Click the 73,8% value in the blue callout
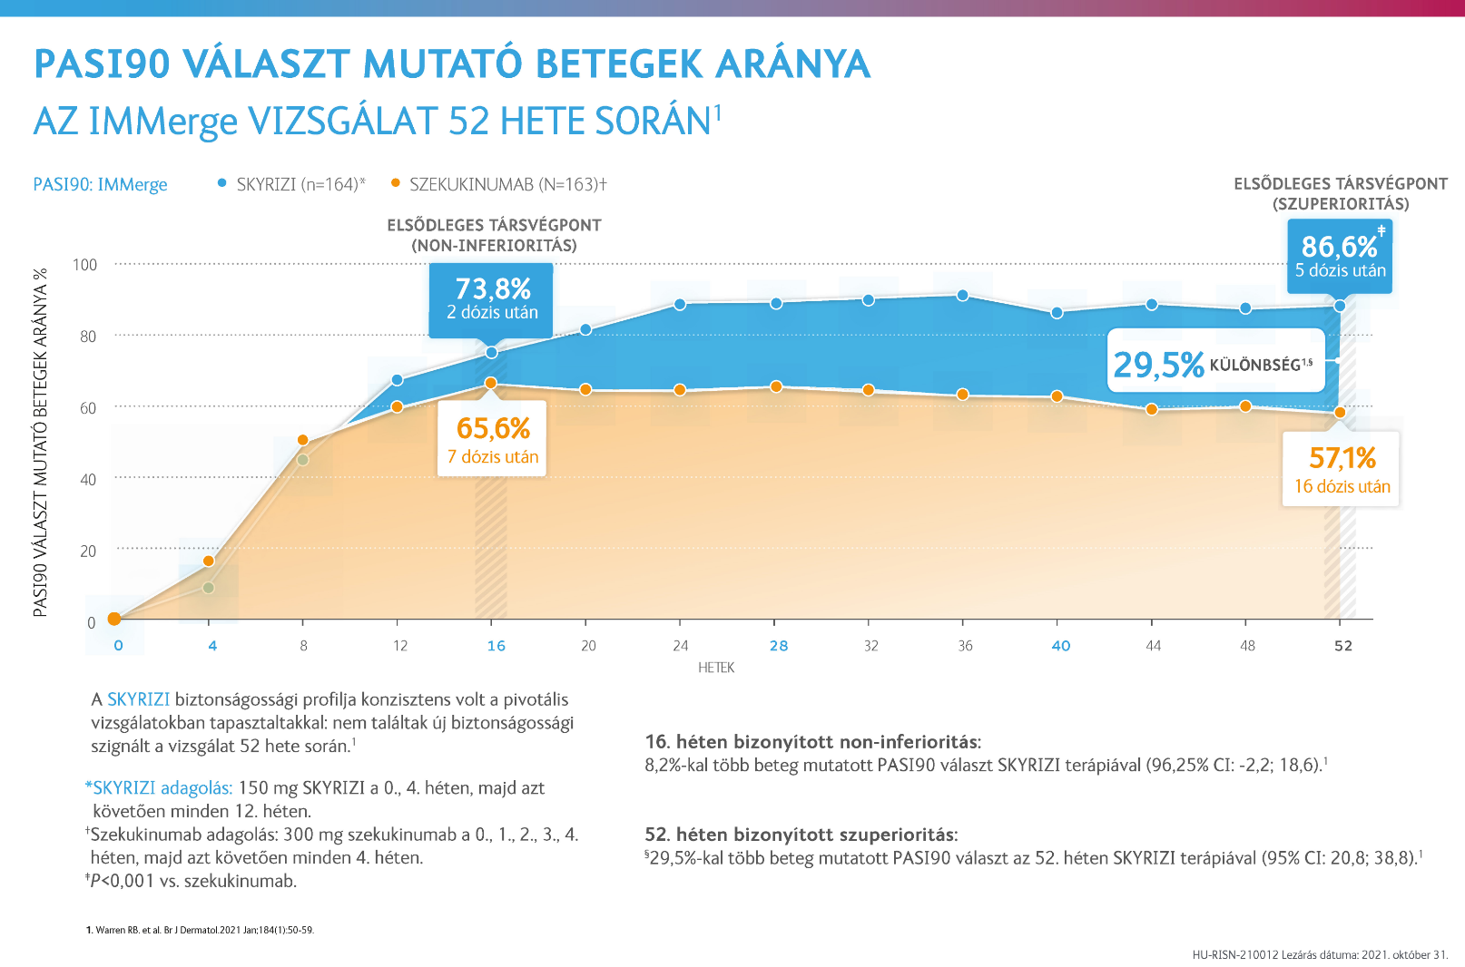coord(493,288)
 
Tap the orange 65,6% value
coord(493,428)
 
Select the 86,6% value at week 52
coord(1339,247)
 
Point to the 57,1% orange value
coord(1342,458)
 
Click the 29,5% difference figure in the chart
coord(1159,365)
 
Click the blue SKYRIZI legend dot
coord(221,183)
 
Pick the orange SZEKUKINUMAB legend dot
coord(395,183)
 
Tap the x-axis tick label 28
coord(779,646)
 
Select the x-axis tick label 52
coord(1342,646)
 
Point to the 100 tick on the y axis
coord(84,265)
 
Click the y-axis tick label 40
coord(88,479)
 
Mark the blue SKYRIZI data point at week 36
coord(962,296)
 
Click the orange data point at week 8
coord(303,441)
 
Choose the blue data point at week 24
coord(680,305)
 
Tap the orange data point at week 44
coord(1151,409)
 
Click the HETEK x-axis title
coord(716,668)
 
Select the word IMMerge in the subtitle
coord(163,122)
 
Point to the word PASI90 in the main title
coord(102,64)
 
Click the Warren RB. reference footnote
coord(200,930)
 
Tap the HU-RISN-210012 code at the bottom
coord(1235,954)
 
